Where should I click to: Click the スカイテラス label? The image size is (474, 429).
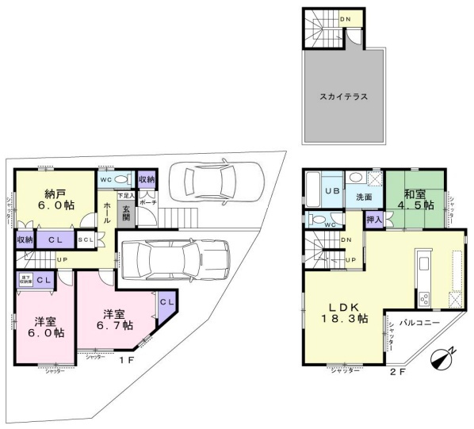pyautogui.click(x=343, y=96)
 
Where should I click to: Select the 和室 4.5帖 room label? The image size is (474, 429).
pyautogui.click(x=418, y=198)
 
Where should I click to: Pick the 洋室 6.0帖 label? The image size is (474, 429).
pyautogui.click(x=48, y=327)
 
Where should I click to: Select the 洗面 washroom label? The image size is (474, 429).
pyautogui.click(x=363, y=197)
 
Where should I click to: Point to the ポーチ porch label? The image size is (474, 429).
pyautogui.click(x=147, y=203)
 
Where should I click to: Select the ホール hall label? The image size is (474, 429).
pyautogui.click(x=107, y=207)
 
